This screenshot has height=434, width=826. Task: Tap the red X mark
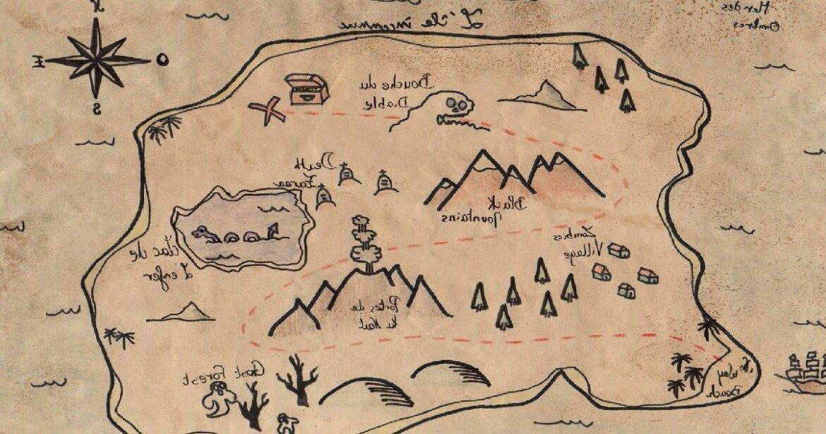pos(266,111)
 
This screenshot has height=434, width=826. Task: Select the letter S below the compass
pos(97,108)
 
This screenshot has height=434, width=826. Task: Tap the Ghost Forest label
pos(224,373)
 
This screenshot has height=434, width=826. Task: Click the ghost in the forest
pos(216,399)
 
